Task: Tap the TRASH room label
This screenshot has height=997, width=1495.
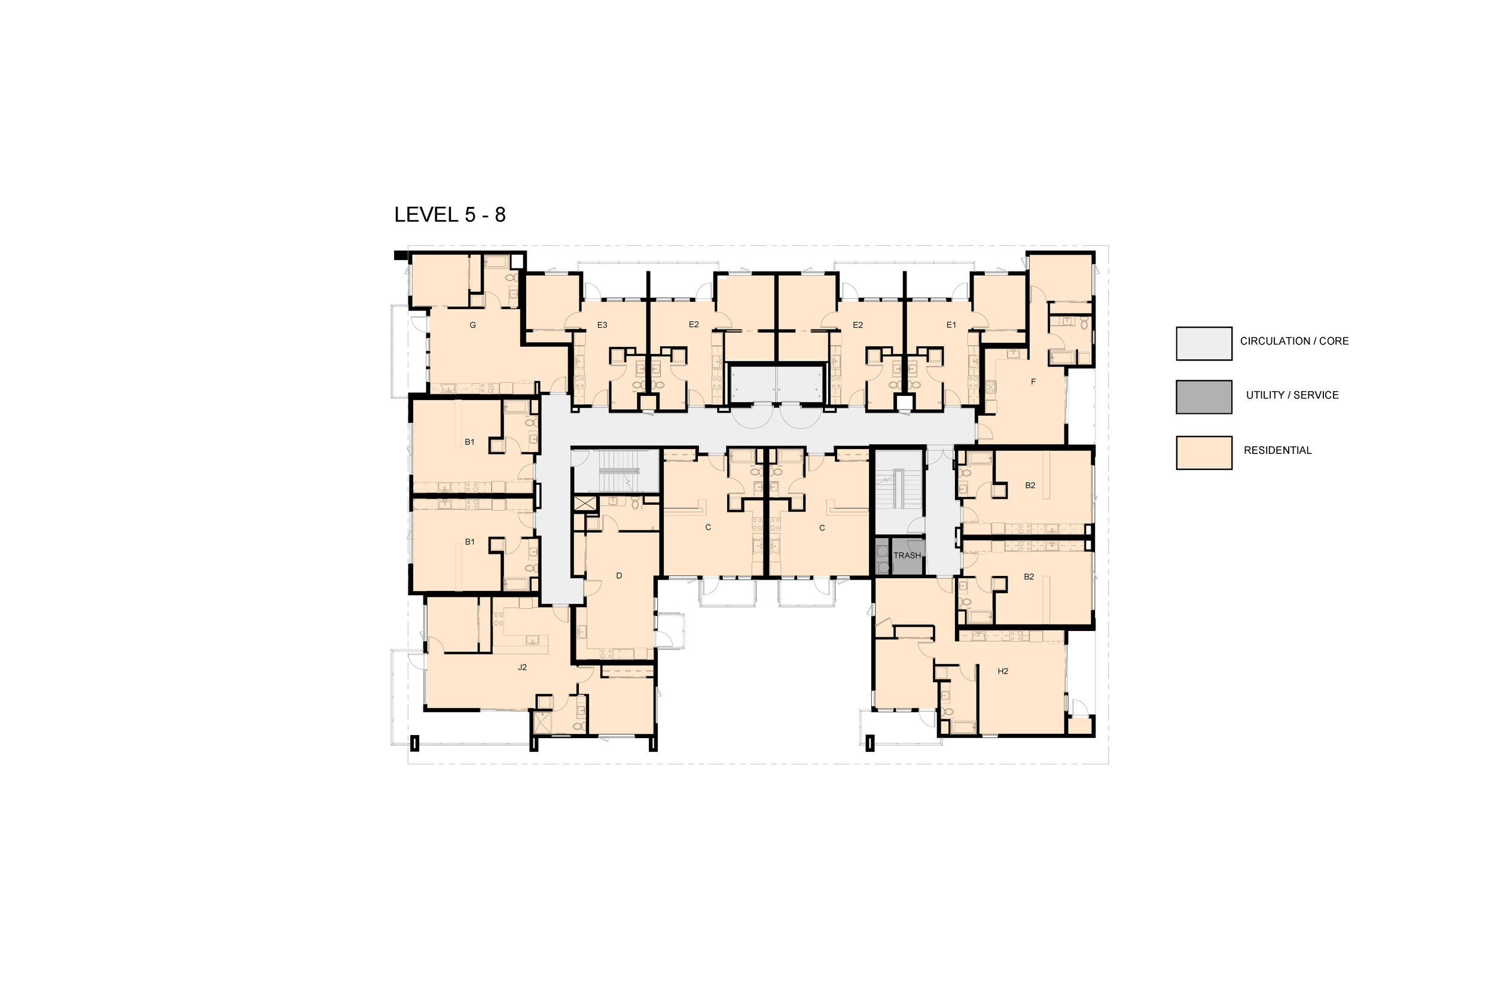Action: pyautogui.click(x=907, y=556)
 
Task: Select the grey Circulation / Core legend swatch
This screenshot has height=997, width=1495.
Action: pyautogui.click(x=1204, y=343)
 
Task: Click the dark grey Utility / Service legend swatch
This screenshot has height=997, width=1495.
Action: pyautogui.click(x=1204, y=397)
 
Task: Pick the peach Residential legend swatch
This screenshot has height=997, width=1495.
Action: pyautogui.click(x=1204, y=453)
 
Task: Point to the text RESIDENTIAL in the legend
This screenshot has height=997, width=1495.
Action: pyautogui.click(x=1277, y=450)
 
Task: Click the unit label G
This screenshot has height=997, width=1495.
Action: pyautogui.click(x=472, y=325)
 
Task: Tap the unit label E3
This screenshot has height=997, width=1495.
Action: pyautogui.click(x=602, y=325)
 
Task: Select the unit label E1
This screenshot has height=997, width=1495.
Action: pyautogui.click(x=951, y=325)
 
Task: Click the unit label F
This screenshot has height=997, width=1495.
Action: pyautogui.click(x=1033, y=382)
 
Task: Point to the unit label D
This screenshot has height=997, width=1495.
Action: pyautogui.click(x=619, y=575)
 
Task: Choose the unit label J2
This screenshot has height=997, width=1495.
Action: pyautogui.click(x=522, y=667)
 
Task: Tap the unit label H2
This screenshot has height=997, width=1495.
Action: pyautogui.click(x=1003, y=671)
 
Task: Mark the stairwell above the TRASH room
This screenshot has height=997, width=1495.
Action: pyautogui.click(x=899, y=490)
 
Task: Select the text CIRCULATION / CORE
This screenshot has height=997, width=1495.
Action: pyautogui.click(x=1294, y=341)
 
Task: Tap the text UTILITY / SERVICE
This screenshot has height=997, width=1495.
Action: pyautogui.click(x=1292, y=395)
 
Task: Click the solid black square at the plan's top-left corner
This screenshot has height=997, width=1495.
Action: pyautogui.click(x=401, y=255)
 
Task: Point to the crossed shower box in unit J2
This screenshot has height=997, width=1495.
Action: pyautogui.click(x=542, y=724)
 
